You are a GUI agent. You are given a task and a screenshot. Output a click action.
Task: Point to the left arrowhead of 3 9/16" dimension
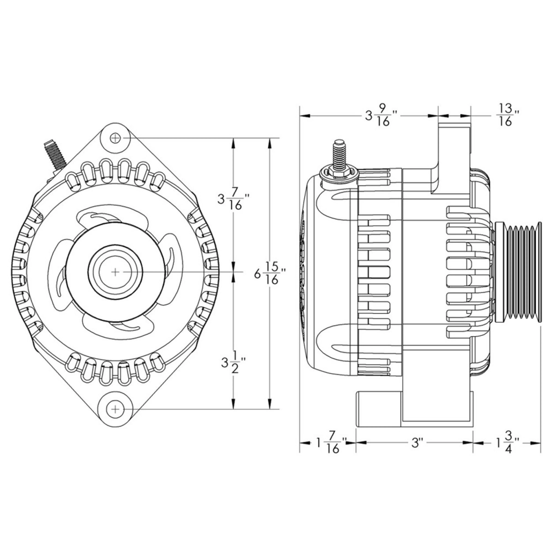(305, 116)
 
